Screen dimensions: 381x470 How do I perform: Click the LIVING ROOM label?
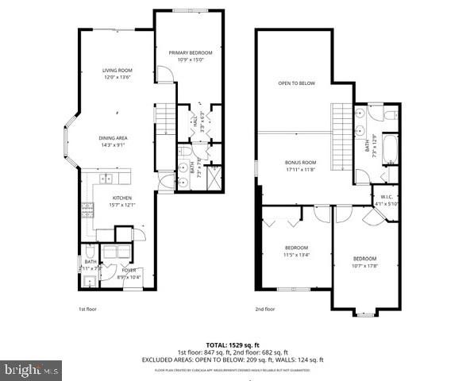pos(117,71)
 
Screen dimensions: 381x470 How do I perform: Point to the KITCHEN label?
pos(121,198)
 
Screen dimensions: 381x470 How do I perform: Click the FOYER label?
pos(129,269)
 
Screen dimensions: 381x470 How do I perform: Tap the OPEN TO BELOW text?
pos(296,83)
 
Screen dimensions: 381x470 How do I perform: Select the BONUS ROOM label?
pos(301,162)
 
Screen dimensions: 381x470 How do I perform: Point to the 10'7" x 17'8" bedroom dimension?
pos(364,266)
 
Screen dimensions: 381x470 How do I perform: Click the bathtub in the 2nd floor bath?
pos(390,148)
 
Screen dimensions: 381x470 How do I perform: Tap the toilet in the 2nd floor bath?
pos(388,116)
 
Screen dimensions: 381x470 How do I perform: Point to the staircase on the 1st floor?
pos(165,120)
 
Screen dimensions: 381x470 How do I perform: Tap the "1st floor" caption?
pos(88,309)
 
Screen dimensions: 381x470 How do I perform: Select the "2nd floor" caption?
pos(266,309)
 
